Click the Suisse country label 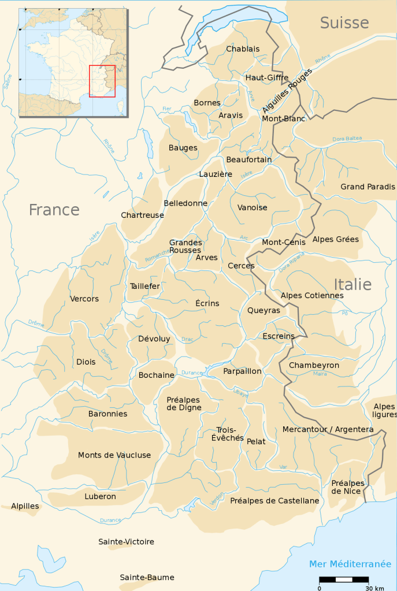click(344, 23)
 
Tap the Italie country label click(352, 284)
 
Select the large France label click(54, 210)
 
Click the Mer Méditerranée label click(350, 564)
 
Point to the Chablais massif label click(243, 49)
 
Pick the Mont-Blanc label click(280, 119)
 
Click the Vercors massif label click(84, 299)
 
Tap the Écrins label click(207, 303)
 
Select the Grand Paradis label click(368, 187)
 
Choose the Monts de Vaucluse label click(114, 455)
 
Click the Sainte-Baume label click(147, 577)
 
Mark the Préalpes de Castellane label click(274, 501)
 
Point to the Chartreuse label click(142, 215)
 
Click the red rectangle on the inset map click(102, 81)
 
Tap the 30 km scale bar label click(375, 588)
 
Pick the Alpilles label click(25, 506)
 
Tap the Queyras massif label click(264, 310)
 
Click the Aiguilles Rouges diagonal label click(287, 91)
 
